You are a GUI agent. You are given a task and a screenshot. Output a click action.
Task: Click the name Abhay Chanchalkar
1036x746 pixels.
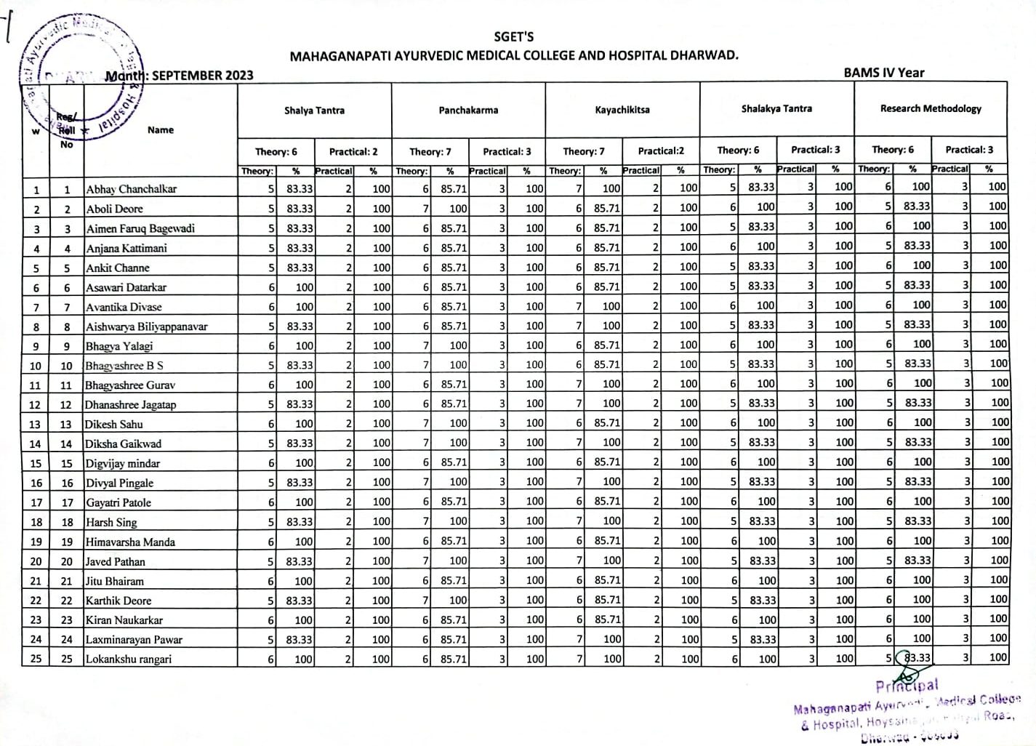click(132, 189)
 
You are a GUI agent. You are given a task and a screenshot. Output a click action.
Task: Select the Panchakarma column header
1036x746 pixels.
click(468, 111)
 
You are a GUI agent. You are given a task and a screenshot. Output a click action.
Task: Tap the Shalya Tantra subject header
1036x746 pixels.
click(314, 111)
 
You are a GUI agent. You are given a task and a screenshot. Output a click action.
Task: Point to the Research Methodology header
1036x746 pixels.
click(931, 108)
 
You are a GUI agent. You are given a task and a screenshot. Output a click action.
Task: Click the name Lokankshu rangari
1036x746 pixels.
click(129, 659)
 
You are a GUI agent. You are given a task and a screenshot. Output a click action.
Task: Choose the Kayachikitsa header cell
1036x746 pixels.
click(622, 110)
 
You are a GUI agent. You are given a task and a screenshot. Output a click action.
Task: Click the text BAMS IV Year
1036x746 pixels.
click(884, 72)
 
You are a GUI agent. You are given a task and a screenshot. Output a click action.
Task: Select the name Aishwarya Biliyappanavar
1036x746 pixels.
click(146, 326)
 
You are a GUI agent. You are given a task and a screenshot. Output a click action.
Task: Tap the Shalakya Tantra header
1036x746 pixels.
click(776, 109)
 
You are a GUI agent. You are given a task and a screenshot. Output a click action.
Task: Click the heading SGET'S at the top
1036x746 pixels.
click(513, 37)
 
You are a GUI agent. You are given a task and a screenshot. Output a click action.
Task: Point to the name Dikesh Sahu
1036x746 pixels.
click(114, 424)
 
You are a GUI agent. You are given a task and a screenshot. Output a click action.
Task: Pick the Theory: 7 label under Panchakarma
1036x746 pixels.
click(430, 151)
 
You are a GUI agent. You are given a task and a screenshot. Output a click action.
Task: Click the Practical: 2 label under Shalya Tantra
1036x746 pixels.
click(353, 151)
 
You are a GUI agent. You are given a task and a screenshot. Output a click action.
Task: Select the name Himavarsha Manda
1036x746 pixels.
click(130, 542)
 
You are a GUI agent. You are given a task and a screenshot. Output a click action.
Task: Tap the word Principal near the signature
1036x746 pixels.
click(907, 686)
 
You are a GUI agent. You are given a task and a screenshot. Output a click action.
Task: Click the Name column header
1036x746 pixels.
click(161, 130)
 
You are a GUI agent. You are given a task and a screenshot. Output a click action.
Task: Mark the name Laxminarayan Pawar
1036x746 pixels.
click(134, 640)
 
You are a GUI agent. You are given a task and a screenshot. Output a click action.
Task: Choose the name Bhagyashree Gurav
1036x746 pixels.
click(130, 385)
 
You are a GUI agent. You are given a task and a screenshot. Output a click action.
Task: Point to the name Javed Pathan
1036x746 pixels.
click(116, 561)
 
